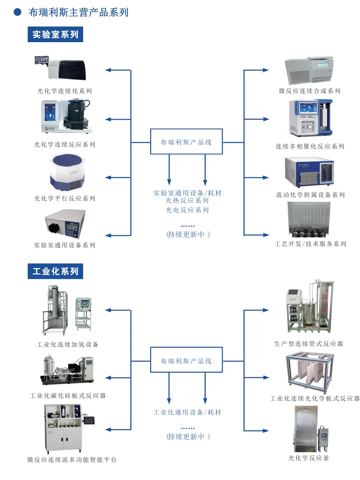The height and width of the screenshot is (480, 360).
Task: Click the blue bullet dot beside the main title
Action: tap(17, 12)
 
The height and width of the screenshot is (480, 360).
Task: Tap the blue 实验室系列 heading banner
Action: tap(55, 35)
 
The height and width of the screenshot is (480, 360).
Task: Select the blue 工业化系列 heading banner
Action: tap(55, 271)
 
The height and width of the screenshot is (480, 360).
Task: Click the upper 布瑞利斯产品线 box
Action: tap(186, 142)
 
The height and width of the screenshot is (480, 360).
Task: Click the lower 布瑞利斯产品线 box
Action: tap(186, 361)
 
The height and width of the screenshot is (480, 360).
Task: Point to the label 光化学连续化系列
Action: tap(64, 91)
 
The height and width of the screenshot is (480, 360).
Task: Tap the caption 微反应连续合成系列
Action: tap(309, 91)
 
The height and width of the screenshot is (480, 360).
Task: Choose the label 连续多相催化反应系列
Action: tap(310, 146)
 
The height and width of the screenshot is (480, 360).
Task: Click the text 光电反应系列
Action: tap(187, 210)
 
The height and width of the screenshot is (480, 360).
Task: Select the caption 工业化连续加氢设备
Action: tap(68, 344)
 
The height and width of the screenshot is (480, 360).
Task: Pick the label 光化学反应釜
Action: tap(308, 458)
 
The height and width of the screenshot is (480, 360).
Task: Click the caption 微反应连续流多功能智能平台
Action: tap(72, 460)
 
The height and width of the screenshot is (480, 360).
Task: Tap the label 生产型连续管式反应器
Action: tap(308, 344)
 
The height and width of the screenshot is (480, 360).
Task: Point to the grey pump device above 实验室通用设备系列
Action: tap(65, 224)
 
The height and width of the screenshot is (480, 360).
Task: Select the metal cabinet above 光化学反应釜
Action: tap(305, 429)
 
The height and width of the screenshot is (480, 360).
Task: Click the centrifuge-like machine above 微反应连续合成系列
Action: tap(309, 71)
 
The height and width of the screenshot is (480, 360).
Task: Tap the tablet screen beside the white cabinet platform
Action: tap(89, 420)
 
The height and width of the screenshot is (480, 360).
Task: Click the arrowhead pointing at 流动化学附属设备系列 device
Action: tap(266, 177)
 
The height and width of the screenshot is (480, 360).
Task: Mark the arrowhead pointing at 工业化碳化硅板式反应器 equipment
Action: tap(108, 378)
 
